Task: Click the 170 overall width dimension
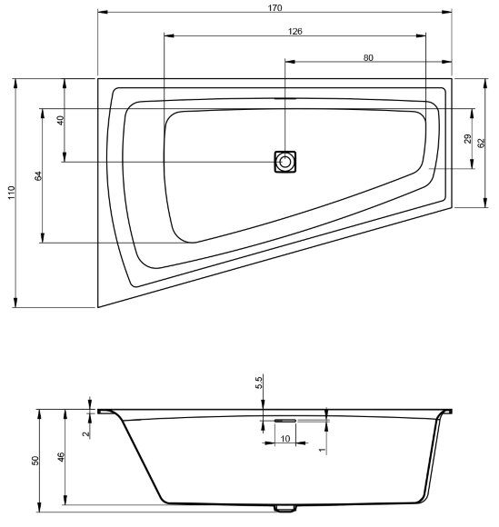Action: click(275, 7)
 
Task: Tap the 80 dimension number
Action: click(368, 57)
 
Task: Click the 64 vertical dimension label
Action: click(38, 176)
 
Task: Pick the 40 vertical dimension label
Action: click(60, 121)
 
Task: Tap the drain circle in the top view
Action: click(286, 162)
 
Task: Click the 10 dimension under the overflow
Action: click(285, 439)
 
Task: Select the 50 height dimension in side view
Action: click(35, 460)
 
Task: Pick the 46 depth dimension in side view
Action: click(59, 459)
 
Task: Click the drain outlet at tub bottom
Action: click(285, 507)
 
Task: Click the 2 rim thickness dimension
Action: click(85, 433)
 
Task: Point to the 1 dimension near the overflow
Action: click(321, 446)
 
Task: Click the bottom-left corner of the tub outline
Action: click(98, 307)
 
